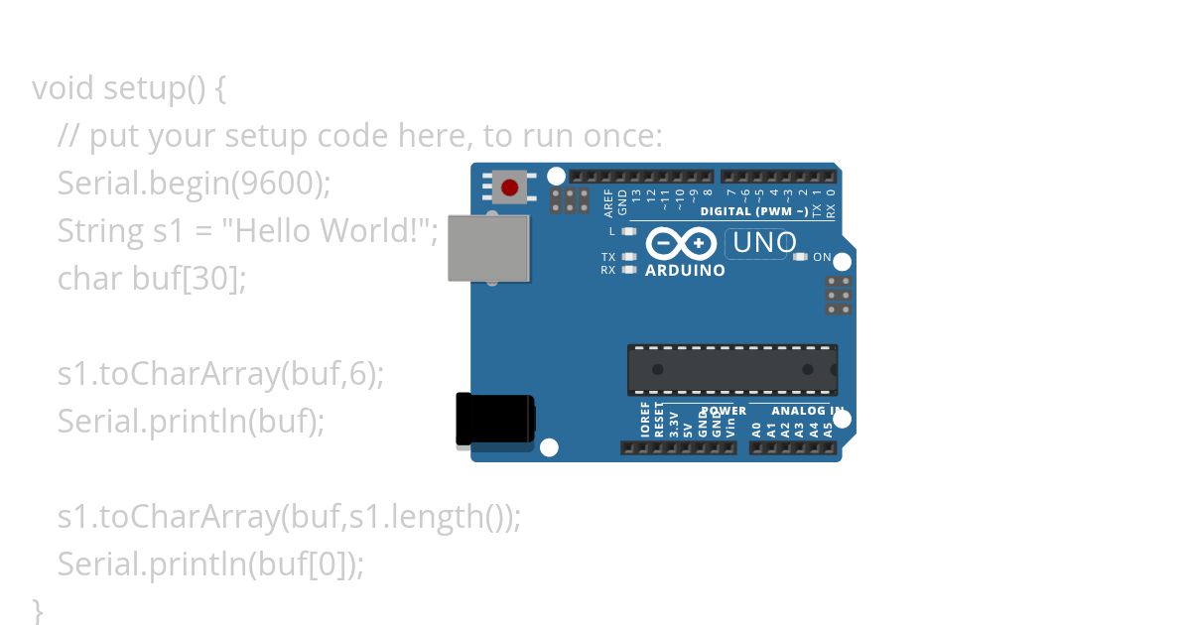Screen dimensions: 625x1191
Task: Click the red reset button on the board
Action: click(x=510, y=187)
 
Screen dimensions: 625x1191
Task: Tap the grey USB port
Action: click(x=488, y=248)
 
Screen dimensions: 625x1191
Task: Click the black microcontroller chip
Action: click(x=731, y=369)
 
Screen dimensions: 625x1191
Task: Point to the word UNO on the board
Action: click(x=764, y=243)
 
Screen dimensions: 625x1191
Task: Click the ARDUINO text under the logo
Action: click(x=685, y=270)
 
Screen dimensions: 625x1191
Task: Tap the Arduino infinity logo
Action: click(x=681, y=243)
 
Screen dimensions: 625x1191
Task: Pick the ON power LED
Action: click(x=801, y=257)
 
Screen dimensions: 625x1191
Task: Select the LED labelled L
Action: click(x=628, y=231)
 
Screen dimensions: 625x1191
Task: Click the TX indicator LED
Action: click(x=628, y=257)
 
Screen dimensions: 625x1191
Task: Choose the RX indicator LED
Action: click(x=628, y=269)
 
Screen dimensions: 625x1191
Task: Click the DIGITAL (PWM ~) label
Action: click(x=754, y=211)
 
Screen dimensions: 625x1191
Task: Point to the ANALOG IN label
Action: click(x=807, y=411)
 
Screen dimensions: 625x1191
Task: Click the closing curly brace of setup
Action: click(x=38, y=608)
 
